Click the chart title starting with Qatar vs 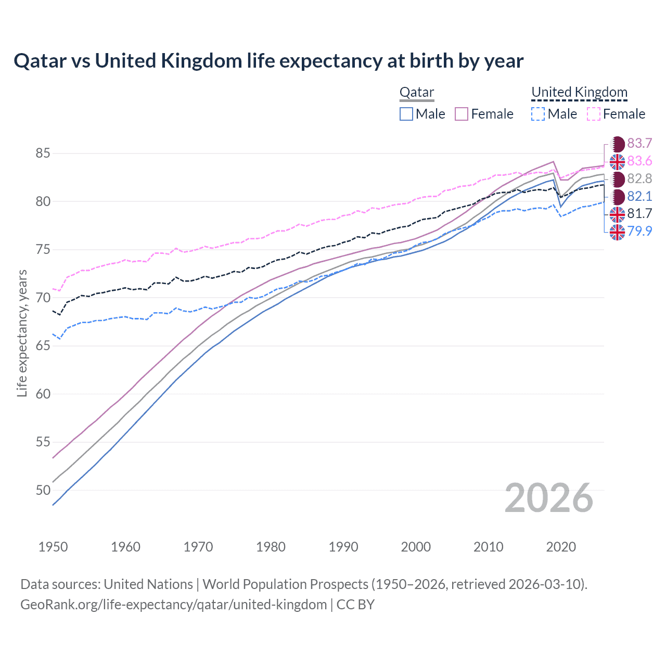coord(268,61)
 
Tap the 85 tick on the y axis coord(43,153)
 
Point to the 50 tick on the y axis coord(43,490)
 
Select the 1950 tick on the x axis coord(53,547)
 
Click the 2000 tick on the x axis coord(416,547)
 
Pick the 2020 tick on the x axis coord(561,547)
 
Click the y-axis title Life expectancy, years coord(22,333)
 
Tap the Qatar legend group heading coord(416,93)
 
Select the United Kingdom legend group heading coord(579,93)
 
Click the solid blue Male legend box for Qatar coord(406,114)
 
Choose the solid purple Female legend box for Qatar coord(462,114)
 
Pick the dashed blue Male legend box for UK coord(538,114)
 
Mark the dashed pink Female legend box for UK coord(594,114)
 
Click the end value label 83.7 coord(639,144)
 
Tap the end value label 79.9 coord(639,231)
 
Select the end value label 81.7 coord(639,213)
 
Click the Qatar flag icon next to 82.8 coord(617,179)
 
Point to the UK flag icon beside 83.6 coord(617,162)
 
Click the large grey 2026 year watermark coord(549,498)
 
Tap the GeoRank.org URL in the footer coord(173,605)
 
